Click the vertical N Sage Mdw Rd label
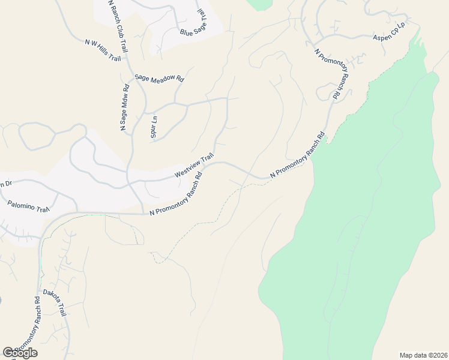coord(124,108)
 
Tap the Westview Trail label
coord(194,166)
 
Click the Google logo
coord(20,353)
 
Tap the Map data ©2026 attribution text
coord(423,355)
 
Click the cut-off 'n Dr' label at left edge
coord(5,183)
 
